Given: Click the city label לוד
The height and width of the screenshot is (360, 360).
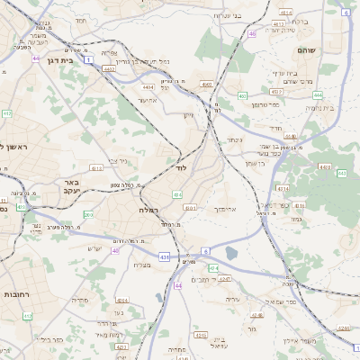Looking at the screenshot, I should pos(180,168).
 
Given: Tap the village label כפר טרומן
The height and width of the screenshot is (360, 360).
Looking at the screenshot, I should pos(270,104).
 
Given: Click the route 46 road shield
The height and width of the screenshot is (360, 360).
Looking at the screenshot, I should pos(253,33).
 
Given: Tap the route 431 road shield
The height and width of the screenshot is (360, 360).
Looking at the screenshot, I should pos(165,257).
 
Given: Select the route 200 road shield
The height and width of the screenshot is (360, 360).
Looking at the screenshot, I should pos(87,215).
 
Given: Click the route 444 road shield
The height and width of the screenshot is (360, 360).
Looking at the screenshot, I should pos(318,94).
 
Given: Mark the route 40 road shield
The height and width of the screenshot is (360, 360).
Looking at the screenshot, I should pos(115,251).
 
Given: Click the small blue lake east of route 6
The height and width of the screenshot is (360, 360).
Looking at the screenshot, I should pos(231,253).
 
